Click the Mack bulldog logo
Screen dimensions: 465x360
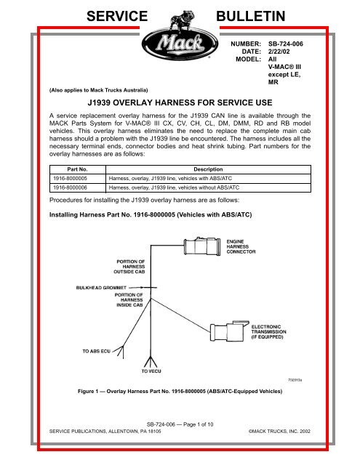pos(179,40)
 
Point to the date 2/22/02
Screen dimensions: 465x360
pos(279,54)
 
